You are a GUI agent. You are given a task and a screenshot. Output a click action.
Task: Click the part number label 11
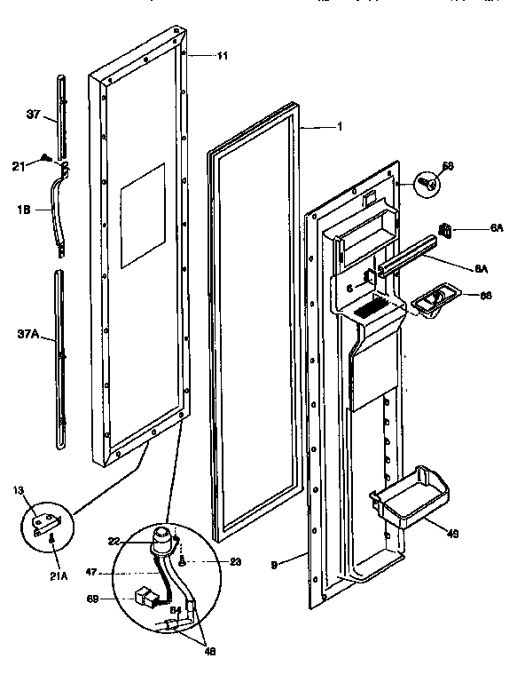click(x=222, y=56)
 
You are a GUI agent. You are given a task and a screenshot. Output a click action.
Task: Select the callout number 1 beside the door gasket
click(x=340, y=127)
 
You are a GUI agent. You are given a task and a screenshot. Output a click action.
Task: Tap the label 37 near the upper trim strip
click(x=34, y=114)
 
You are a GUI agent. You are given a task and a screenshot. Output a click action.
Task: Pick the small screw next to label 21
click(x=44, y=158)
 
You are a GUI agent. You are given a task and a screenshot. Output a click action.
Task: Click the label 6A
click(x=497, y=228)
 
